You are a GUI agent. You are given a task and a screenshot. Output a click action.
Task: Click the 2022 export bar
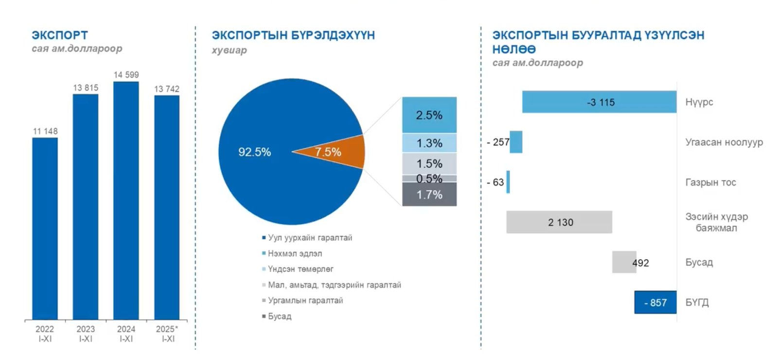[x=45, y=229]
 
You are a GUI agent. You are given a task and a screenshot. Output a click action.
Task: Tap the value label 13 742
[x=167, y=89]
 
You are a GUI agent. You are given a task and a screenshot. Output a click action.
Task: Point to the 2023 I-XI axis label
[x=86, y=334]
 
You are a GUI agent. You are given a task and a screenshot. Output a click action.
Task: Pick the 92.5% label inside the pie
[x=254, y=152]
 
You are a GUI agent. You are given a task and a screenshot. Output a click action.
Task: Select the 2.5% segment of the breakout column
[x=429, y=115]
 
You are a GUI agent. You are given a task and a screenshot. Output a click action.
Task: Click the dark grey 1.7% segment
[x=429, y=195]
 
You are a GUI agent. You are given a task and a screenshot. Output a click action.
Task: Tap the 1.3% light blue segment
[x=429, y=143]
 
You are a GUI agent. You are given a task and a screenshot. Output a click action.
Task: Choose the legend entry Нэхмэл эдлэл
[x=295, y=253]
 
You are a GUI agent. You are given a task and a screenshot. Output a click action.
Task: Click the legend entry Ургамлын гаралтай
[x=305, y=301]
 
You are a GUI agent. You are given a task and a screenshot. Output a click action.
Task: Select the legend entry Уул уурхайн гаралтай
[x=310, y=238]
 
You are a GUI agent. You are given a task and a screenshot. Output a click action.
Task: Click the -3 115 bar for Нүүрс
[x=599, y=102]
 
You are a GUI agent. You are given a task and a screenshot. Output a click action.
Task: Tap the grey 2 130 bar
[x=559, y=222]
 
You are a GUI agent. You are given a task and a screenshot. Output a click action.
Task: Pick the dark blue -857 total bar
[x=655, y=302]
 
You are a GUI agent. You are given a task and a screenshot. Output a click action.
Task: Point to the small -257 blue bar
[x=516, y=142]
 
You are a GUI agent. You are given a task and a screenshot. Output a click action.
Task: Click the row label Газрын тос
[x=710, y=182]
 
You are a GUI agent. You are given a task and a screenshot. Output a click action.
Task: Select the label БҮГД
[x=697, y=303]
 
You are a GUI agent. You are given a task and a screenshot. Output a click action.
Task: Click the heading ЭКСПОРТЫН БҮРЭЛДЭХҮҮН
[x=293, y=36]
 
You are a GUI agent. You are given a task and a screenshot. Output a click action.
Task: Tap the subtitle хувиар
[x=229, y=50]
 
